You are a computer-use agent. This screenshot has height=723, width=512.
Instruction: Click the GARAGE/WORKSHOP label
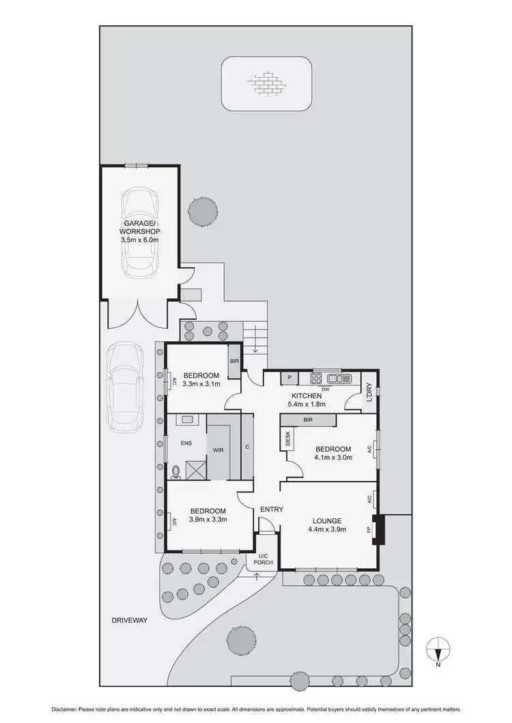click(141, 227)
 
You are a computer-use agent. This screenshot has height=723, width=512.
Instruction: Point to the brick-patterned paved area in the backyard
click(267, 84)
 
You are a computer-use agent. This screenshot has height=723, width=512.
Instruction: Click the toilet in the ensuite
click(177, 470)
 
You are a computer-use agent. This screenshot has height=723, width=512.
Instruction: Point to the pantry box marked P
click(289, 378)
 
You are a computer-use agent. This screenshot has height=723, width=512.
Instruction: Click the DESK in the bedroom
click(287, 439)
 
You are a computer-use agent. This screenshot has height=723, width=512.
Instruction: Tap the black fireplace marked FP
click(380, 529)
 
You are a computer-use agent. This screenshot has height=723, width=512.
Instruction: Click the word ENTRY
click(272, 509)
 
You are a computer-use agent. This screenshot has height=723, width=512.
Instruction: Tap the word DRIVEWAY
click(129, 621)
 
